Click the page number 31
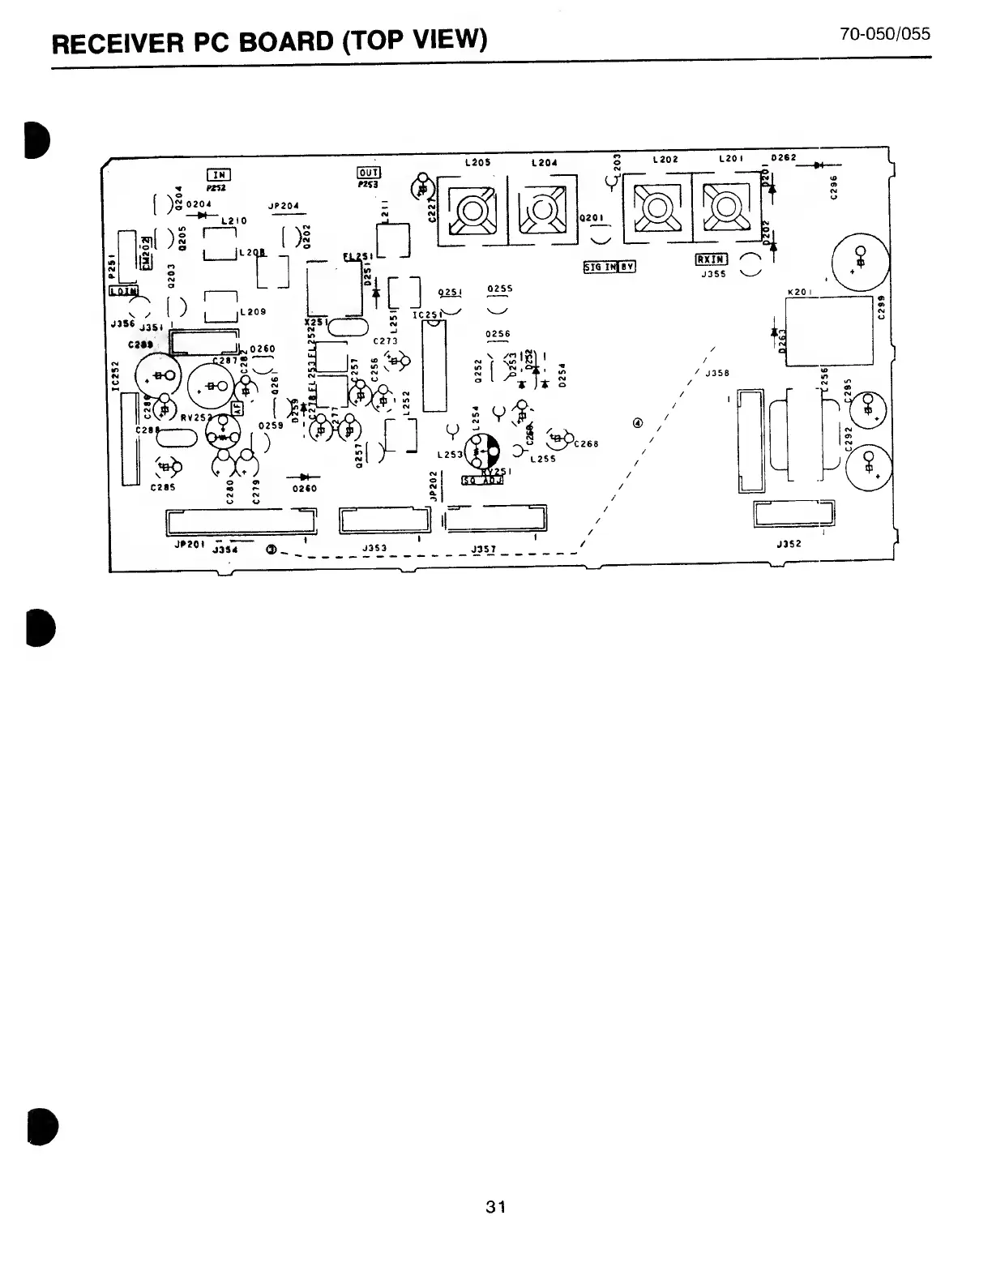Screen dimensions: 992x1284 click(x=495, y=1207)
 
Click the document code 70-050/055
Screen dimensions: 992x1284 click(x=885, y=34)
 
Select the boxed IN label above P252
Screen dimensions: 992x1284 click(x=219, y=174)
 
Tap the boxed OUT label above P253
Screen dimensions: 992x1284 click(x=369, y=173)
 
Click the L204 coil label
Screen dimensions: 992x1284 click(x=544, y=163)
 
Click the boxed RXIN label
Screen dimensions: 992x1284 click(x=711, y=260)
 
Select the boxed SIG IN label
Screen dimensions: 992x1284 click(x=600, y=267)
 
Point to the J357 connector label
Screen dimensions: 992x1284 click(x=483, y=550)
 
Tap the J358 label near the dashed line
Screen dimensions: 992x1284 click(x=717, y=374)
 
